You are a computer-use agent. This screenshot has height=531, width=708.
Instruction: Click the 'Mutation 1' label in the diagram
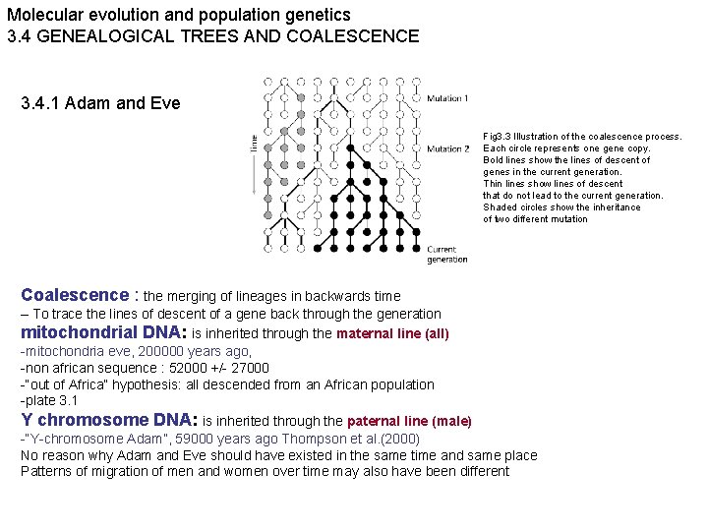click(447, 98)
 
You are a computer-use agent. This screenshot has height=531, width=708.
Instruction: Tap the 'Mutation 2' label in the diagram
click(447, 148)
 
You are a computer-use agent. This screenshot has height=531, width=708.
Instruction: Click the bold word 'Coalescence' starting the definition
click(75, 295)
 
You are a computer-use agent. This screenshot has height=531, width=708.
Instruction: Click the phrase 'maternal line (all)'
click(392, 334)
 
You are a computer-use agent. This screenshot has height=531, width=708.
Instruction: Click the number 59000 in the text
click(195, 440)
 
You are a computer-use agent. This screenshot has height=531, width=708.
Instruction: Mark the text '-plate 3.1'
click(50, 400)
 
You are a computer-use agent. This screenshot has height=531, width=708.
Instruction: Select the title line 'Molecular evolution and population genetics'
click(178, 15)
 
